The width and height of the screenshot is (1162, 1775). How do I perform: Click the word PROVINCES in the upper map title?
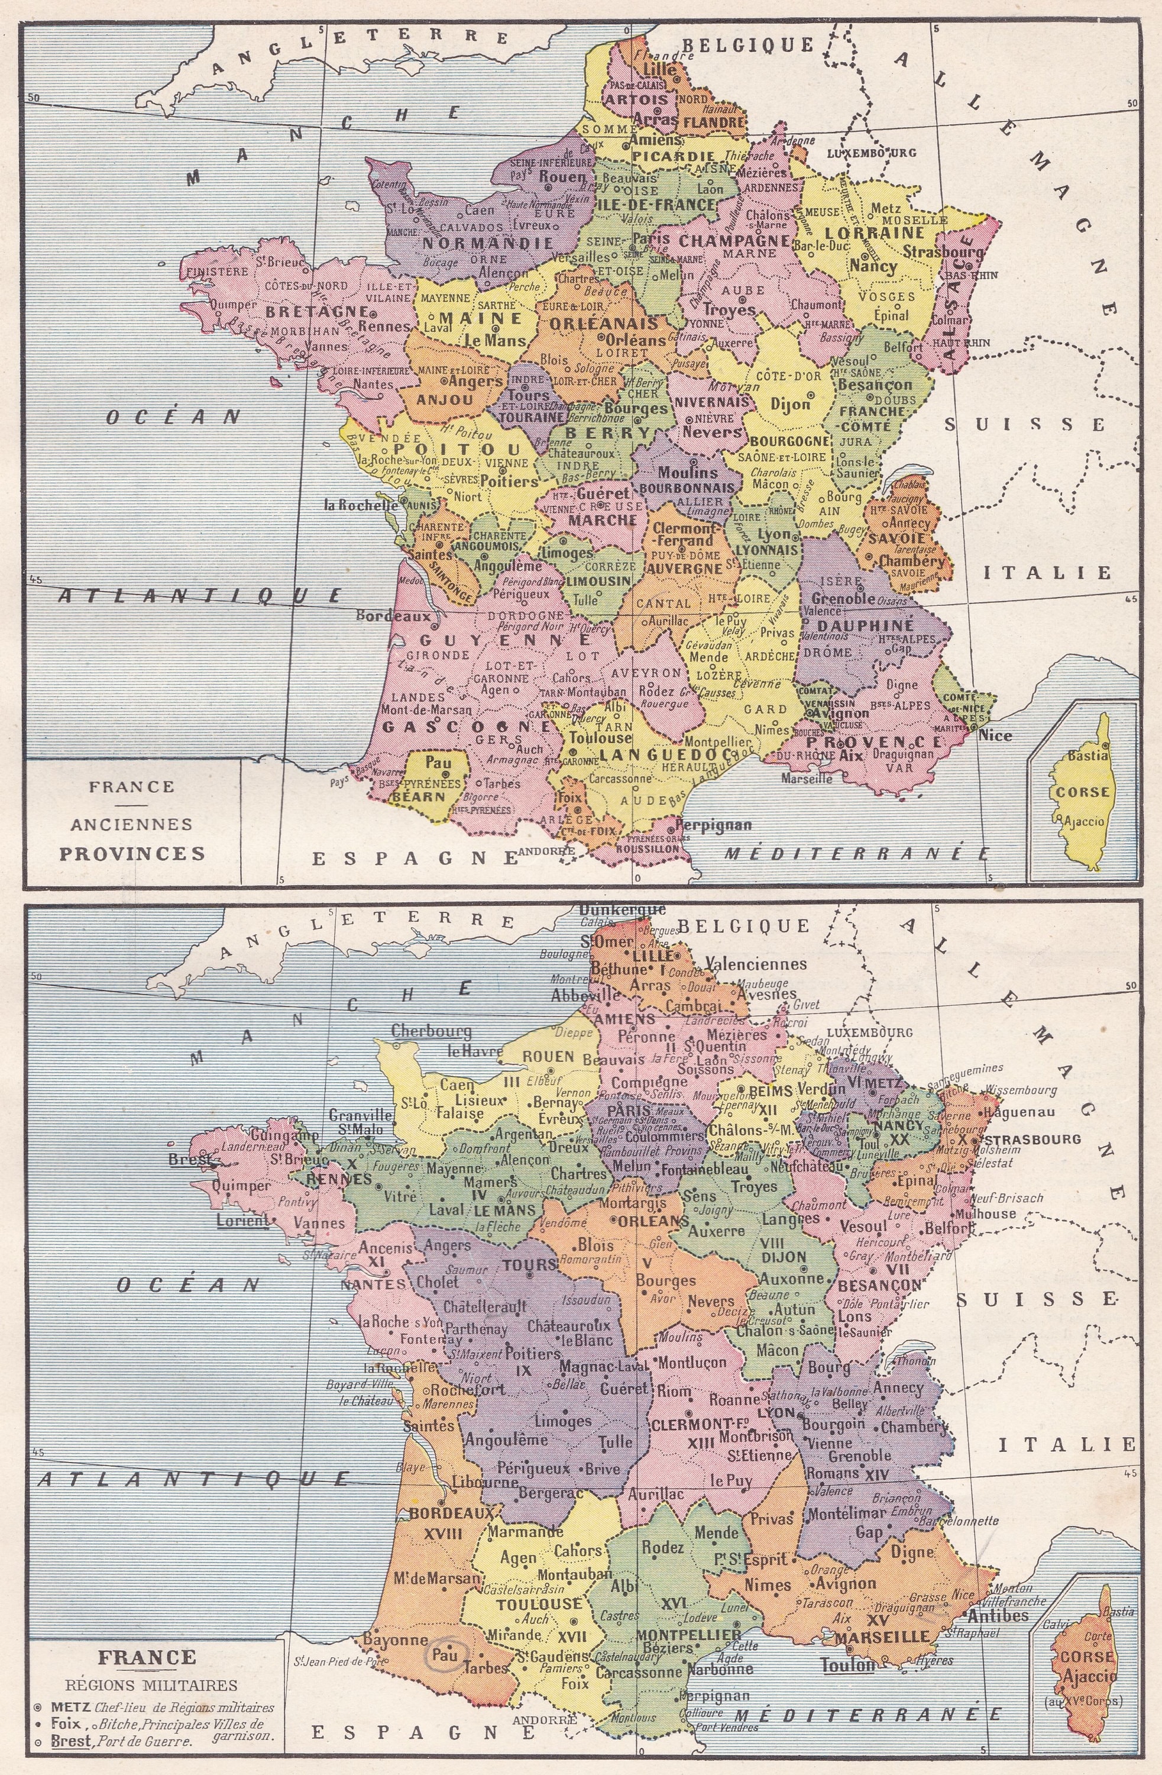tap(132, 853)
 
